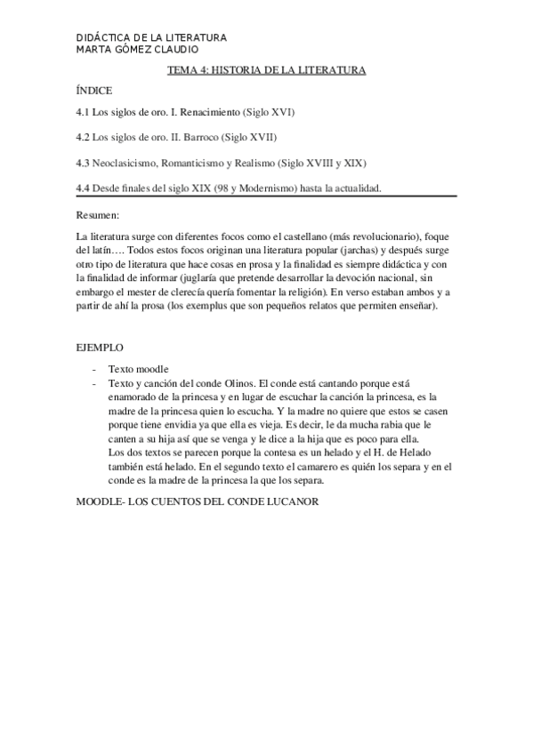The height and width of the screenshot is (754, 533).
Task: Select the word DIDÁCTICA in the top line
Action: point(105,38)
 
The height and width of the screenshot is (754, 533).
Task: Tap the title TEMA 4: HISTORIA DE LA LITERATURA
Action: point(267,70)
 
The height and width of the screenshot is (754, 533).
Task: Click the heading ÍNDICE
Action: point(94,91)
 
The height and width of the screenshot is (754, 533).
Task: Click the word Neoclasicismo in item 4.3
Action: point(137,164)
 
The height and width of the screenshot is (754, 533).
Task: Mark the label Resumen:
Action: point(98,215)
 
